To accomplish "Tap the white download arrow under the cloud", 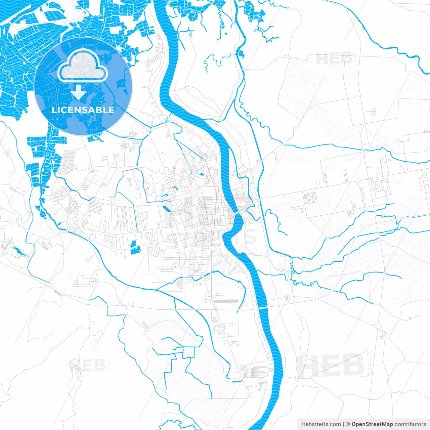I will (x=79, y=92).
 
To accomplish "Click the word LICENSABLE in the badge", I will (x=83, y=110).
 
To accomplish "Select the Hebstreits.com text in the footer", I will (x=321, y=424).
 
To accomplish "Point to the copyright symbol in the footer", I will (x=348, y=424).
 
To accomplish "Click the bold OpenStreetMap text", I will (x=372, y=424).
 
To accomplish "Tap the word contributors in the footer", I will (x=410, y=424).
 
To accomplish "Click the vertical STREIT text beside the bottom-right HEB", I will (x=370, y=363).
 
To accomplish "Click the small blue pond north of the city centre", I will (x=202, y=174).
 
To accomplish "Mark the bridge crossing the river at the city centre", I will (x=238, y=213).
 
